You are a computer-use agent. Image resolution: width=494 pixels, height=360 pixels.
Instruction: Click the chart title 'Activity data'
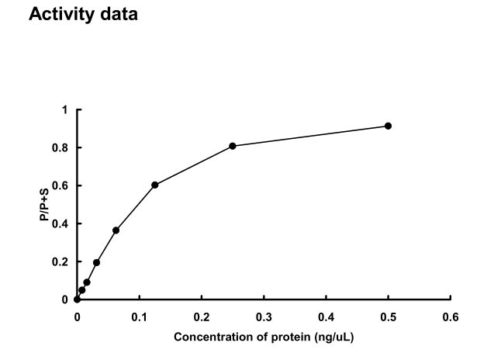pos(82,15)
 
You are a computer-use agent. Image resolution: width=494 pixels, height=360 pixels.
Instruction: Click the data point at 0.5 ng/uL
pos(388,126)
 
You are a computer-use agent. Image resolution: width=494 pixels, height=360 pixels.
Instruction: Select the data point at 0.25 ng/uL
pos(233,146)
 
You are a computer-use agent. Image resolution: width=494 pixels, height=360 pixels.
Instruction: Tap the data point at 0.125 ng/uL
pos(155,185)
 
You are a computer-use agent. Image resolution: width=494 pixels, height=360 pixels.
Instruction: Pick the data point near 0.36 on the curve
pos(116,230)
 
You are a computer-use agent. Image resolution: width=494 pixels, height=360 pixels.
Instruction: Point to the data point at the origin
pos(77,299)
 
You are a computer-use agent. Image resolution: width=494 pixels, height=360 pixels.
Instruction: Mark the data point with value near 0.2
pos(96,262)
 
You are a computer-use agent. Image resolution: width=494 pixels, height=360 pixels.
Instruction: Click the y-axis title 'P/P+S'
pos(46,205)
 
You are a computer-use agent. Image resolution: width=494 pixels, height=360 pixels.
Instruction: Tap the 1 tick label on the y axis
pos(66,110)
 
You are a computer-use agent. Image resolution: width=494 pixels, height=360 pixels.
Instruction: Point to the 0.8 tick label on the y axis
pos(62,148)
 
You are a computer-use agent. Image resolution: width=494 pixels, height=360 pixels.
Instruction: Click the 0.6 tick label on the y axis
pos(62,186)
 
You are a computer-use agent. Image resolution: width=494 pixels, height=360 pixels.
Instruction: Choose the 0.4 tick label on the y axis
pos(62,224)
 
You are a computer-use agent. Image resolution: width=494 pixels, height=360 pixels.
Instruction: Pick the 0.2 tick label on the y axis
pos(62,262)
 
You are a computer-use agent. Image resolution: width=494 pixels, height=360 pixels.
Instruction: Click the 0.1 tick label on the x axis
pos(139,317)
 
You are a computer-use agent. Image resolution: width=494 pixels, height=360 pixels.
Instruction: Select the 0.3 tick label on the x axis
pos(264,317)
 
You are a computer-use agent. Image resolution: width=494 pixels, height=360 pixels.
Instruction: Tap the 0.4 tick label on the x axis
pos(326,317)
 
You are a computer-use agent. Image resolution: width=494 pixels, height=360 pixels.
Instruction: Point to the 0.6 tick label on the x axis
pos(450,317)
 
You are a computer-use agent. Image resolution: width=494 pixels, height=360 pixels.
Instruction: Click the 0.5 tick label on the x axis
pos(388,317)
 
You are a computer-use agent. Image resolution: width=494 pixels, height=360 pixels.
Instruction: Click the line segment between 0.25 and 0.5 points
pos(310,136)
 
